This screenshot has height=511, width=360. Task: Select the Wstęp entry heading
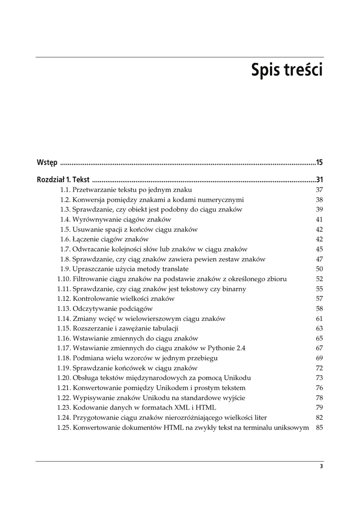pos(47,162)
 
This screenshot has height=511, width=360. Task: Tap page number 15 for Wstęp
pos(320,162)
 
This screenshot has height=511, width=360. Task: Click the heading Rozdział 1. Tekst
pos(63,180)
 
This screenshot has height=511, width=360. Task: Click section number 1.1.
pos(65,190)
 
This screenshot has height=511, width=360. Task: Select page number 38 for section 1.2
pos(320,200)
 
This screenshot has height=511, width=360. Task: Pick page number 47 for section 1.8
pos(320,259)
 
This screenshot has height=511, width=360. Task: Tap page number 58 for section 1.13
pos(320,309)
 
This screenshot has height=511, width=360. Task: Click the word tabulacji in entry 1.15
pos(164,328)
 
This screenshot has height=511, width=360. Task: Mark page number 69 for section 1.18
pos(320,358)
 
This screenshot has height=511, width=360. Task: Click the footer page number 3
pos(321,467)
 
